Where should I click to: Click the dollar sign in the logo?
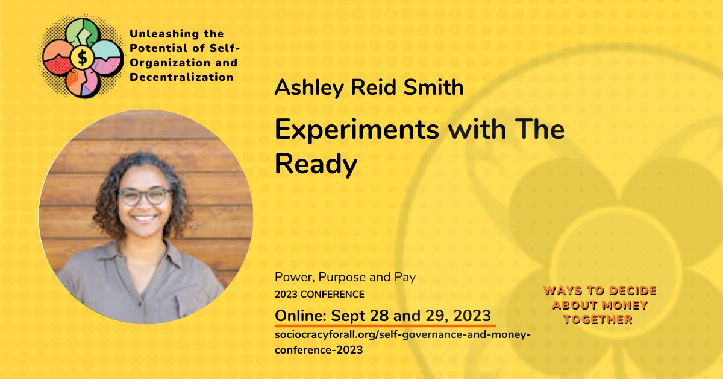point(83,58)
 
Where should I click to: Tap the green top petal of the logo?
point(83,33)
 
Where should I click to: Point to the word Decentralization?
point(181,77)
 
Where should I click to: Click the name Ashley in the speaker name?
point(309,88)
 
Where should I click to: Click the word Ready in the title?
point(316,165)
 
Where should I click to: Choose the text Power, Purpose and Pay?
point(345,277)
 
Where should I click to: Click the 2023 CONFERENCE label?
point(319,295)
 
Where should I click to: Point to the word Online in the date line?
point(301,316)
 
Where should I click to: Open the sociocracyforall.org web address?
point(402,342)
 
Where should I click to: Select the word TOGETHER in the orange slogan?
point(598,320)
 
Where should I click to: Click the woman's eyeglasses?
point(145,196)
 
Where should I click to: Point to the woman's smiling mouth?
point(144,218)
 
